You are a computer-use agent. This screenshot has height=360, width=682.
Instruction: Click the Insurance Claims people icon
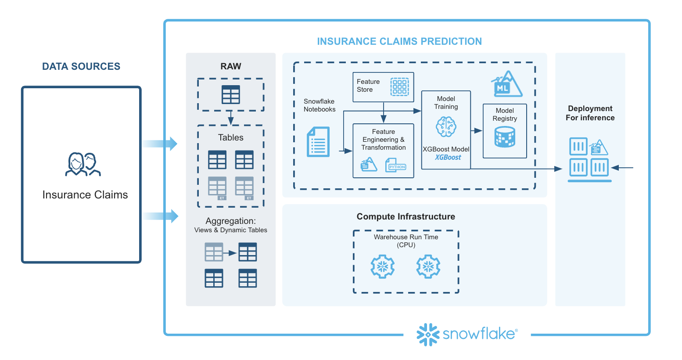click(83, 165)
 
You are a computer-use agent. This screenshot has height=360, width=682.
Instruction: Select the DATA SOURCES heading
click(81, 66)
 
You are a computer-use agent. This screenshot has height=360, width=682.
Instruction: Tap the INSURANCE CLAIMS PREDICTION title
click(399, 41)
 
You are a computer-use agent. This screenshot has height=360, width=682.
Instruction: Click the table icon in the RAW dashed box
click(231, 94)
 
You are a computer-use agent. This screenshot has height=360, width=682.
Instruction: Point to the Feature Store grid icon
click(399, 87)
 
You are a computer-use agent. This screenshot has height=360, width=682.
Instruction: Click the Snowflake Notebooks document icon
click(318, 142)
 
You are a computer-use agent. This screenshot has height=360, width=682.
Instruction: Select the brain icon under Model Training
click(446, 127)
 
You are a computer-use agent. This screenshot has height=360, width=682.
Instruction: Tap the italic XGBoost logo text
click(448, 157)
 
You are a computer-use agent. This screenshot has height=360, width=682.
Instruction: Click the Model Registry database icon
click(505, 137)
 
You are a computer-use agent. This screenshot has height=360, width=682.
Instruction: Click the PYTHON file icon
click(396, 166)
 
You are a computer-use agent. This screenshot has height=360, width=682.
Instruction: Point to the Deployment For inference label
click(590, 113)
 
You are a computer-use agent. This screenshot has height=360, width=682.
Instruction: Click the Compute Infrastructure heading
click(406, 216)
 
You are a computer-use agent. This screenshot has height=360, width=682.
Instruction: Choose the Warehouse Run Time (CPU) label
click(406, 241)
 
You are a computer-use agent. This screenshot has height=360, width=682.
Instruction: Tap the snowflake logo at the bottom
click(467, 334)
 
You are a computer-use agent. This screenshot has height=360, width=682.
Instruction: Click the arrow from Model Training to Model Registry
click(477, 130)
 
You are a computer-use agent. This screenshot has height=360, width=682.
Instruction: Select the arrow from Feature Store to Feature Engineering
click(384, 113)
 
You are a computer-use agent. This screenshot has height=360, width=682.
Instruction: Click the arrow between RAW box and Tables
click(231, 118)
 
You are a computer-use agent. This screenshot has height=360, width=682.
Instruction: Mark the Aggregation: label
click(231, 221)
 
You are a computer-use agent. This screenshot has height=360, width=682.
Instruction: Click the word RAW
click(231, 66)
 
